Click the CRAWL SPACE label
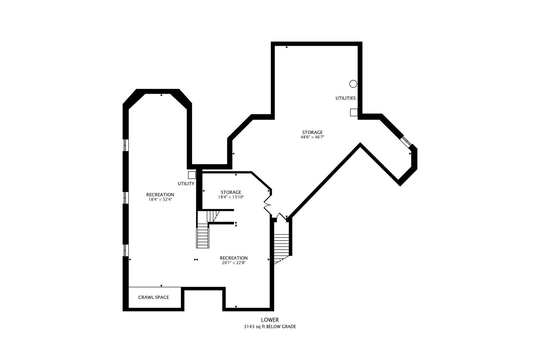point(154,297)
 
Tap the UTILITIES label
point(345,98)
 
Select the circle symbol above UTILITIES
point(353,84)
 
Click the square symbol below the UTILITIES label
point(354,113)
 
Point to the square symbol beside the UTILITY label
point(192,175)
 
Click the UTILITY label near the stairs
point(186,184)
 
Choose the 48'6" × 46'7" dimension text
point(312,137)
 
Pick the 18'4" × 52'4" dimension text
point(160,200)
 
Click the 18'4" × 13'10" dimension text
point(231,197)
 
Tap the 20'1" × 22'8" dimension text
point(234,263)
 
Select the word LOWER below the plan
point(270,320)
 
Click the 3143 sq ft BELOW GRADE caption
point(270,327)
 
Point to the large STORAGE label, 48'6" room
point(312,132)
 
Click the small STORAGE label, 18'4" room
point(231,192)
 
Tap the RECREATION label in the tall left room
point(160,195)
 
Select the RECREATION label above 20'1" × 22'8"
point(234,258)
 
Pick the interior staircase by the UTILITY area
point(203,235)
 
